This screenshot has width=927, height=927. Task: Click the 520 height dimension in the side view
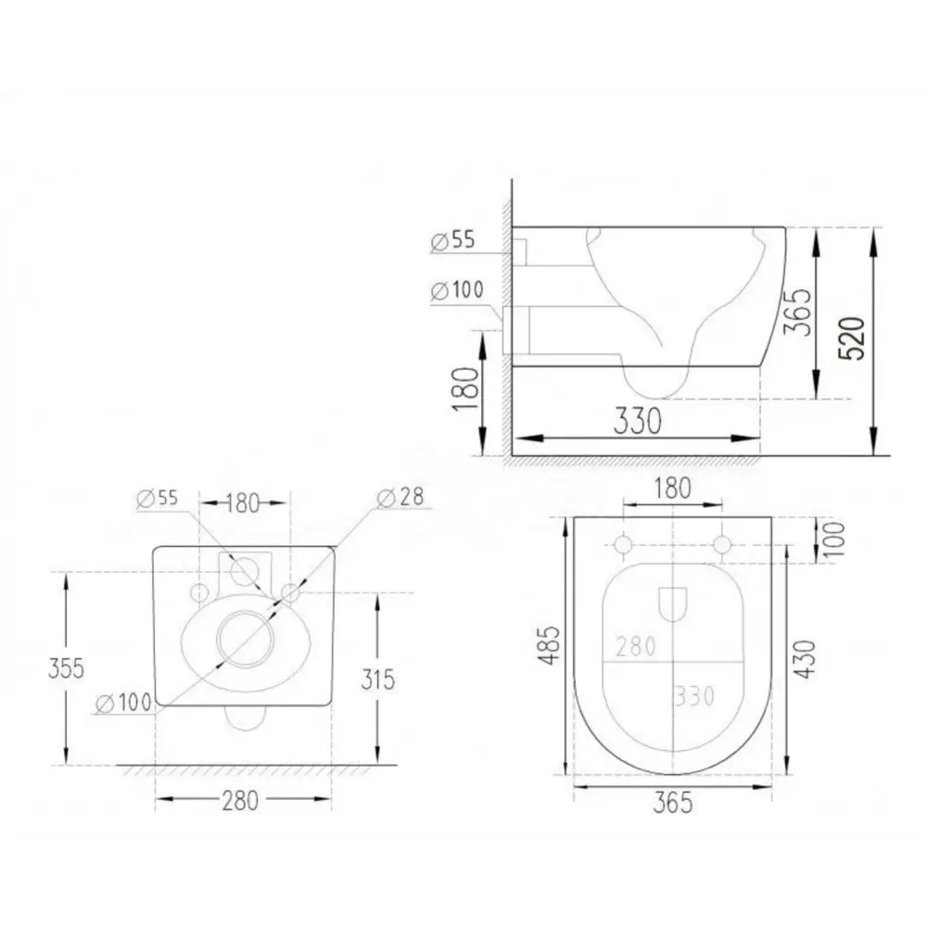click(855, 338)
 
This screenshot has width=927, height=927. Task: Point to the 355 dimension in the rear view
click(65, 667)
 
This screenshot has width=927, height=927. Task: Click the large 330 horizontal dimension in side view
click(638, 422)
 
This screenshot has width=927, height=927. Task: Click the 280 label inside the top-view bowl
click(636, 646)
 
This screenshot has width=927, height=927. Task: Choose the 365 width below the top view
click(673, 803)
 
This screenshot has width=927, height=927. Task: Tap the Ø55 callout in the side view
click(452, 241)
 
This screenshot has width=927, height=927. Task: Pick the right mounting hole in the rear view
click(291, 591)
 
